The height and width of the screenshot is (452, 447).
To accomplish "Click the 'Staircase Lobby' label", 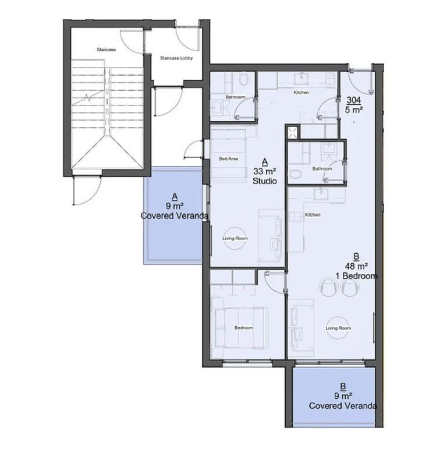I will point(176,58).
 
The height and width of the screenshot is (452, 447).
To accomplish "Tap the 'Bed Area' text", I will point(228,158).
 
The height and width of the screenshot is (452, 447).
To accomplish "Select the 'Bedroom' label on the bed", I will point(243,328).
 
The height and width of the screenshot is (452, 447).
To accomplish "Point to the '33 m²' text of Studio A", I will point(264,172).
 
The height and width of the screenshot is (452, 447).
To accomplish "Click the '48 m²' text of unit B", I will point(356,266).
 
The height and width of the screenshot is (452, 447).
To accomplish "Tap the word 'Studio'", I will point(264,182).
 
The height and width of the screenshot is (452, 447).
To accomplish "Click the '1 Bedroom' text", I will point(356,276).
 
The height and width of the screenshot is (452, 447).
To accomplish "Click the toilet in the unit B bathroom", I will point(297,174).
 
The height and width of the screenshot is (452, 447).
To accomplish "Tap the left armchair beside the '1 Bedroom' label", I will point(327,287).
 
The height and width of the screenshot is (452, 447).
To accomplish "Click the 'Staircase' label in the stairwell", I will point(107,50).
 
